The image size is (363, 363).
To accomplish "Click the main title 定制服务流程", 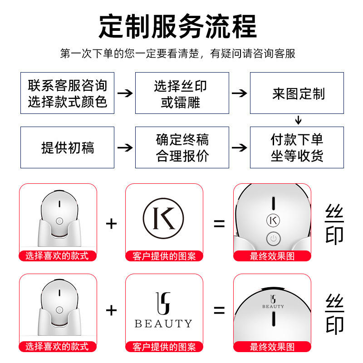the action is [177, 26].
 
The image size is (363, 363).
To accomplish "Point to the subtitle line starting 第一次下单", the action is [177, 54].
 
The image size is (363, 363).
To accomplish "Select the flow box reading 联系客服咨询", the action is [67, 93].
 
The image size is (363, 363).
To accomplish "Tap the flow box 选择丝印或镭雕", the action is [182, 93].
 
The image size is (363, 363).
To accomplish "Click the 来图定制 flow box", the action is [297, 93].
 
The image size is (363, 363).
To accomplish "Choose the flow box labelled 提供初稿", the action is [67, 147].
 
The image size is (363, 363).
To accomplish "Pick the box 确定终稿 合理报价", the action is [182, 147].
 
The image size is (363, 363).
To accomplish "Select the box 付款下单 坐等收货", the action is [297, 147].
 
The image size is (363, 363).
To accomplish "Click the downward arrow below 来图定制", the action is [298, 120].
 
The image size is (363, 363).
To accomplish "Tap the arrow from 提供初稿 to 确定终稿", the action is [125, 147].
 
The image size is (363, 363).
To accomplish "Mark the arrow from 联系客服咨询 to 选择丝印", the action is [125, 93].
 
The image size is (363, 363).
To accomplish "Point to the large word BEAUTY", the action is [163, 324].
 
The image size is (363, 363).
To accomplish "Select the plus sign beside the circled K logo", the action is [111, 223].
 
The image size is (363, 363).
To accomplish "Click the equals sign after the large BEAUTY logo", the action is [220, 310].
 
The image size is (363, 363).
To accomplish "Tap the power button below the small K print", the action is [273, 238].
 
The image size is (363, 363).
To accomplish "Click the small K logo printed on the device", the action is [273, 220].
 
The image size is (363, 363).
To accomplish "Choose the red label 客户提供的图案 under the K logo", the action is [164, 256].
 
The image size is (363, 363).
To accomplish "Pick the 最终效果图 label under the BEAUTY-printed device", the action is [272, 347].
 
